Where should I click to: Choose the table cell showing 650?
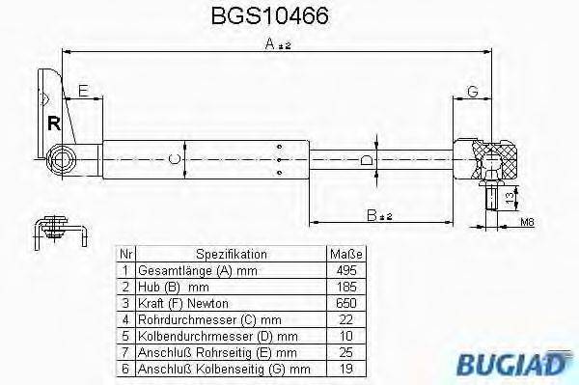click(x=347, y=303)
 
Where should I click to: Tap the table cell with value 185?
click(x=347, y=287)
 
